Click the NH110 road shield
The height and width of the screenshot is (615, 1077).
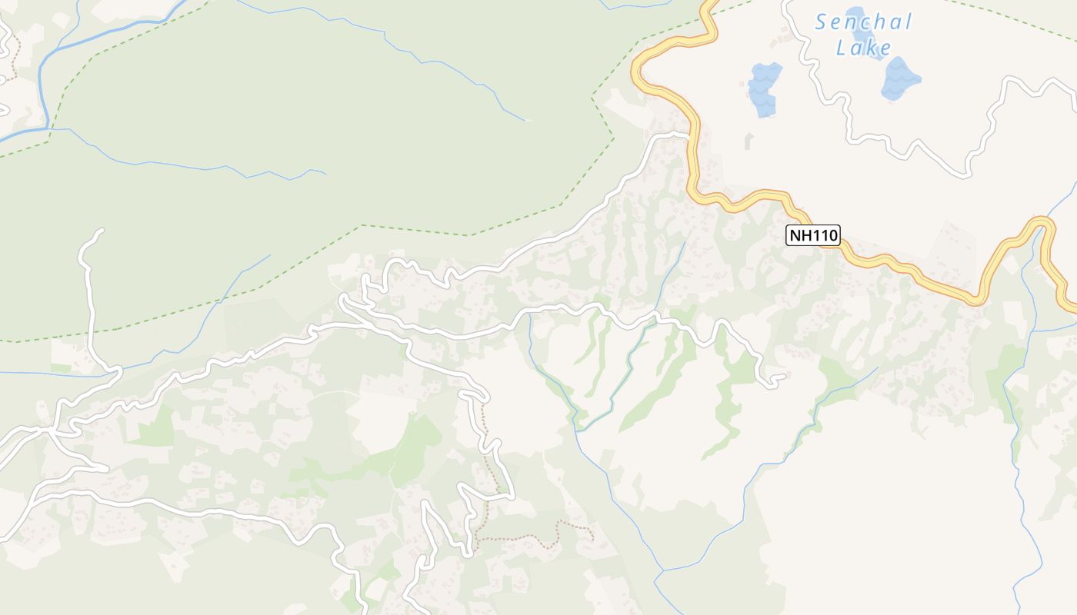click(813, 235)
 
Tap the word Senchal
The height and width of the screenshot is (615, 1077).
click(863, 22)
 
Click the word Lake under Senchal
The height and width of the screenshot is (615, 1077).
click(864, 48)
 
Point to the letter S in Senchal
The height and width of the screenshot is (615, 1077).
click(822, 22)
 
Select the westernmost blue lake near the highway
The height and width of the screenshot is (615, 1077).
click(764, 88)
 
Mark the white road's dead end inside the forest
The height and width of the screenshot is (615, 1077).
click(99, 231)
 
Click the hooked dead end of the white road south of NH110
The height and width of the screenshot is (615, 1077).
click(783, 376)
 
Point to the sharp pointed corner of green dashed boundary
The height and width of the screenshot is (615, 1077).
click(613, 137)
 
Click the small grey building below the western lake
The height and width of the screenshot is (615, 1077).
click(748, 141)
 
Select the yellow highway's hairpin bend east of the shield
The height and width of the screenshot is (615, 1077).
click(1042, 223)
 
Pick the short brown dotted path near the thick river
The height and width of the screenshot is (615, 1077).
click(13, 65)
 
